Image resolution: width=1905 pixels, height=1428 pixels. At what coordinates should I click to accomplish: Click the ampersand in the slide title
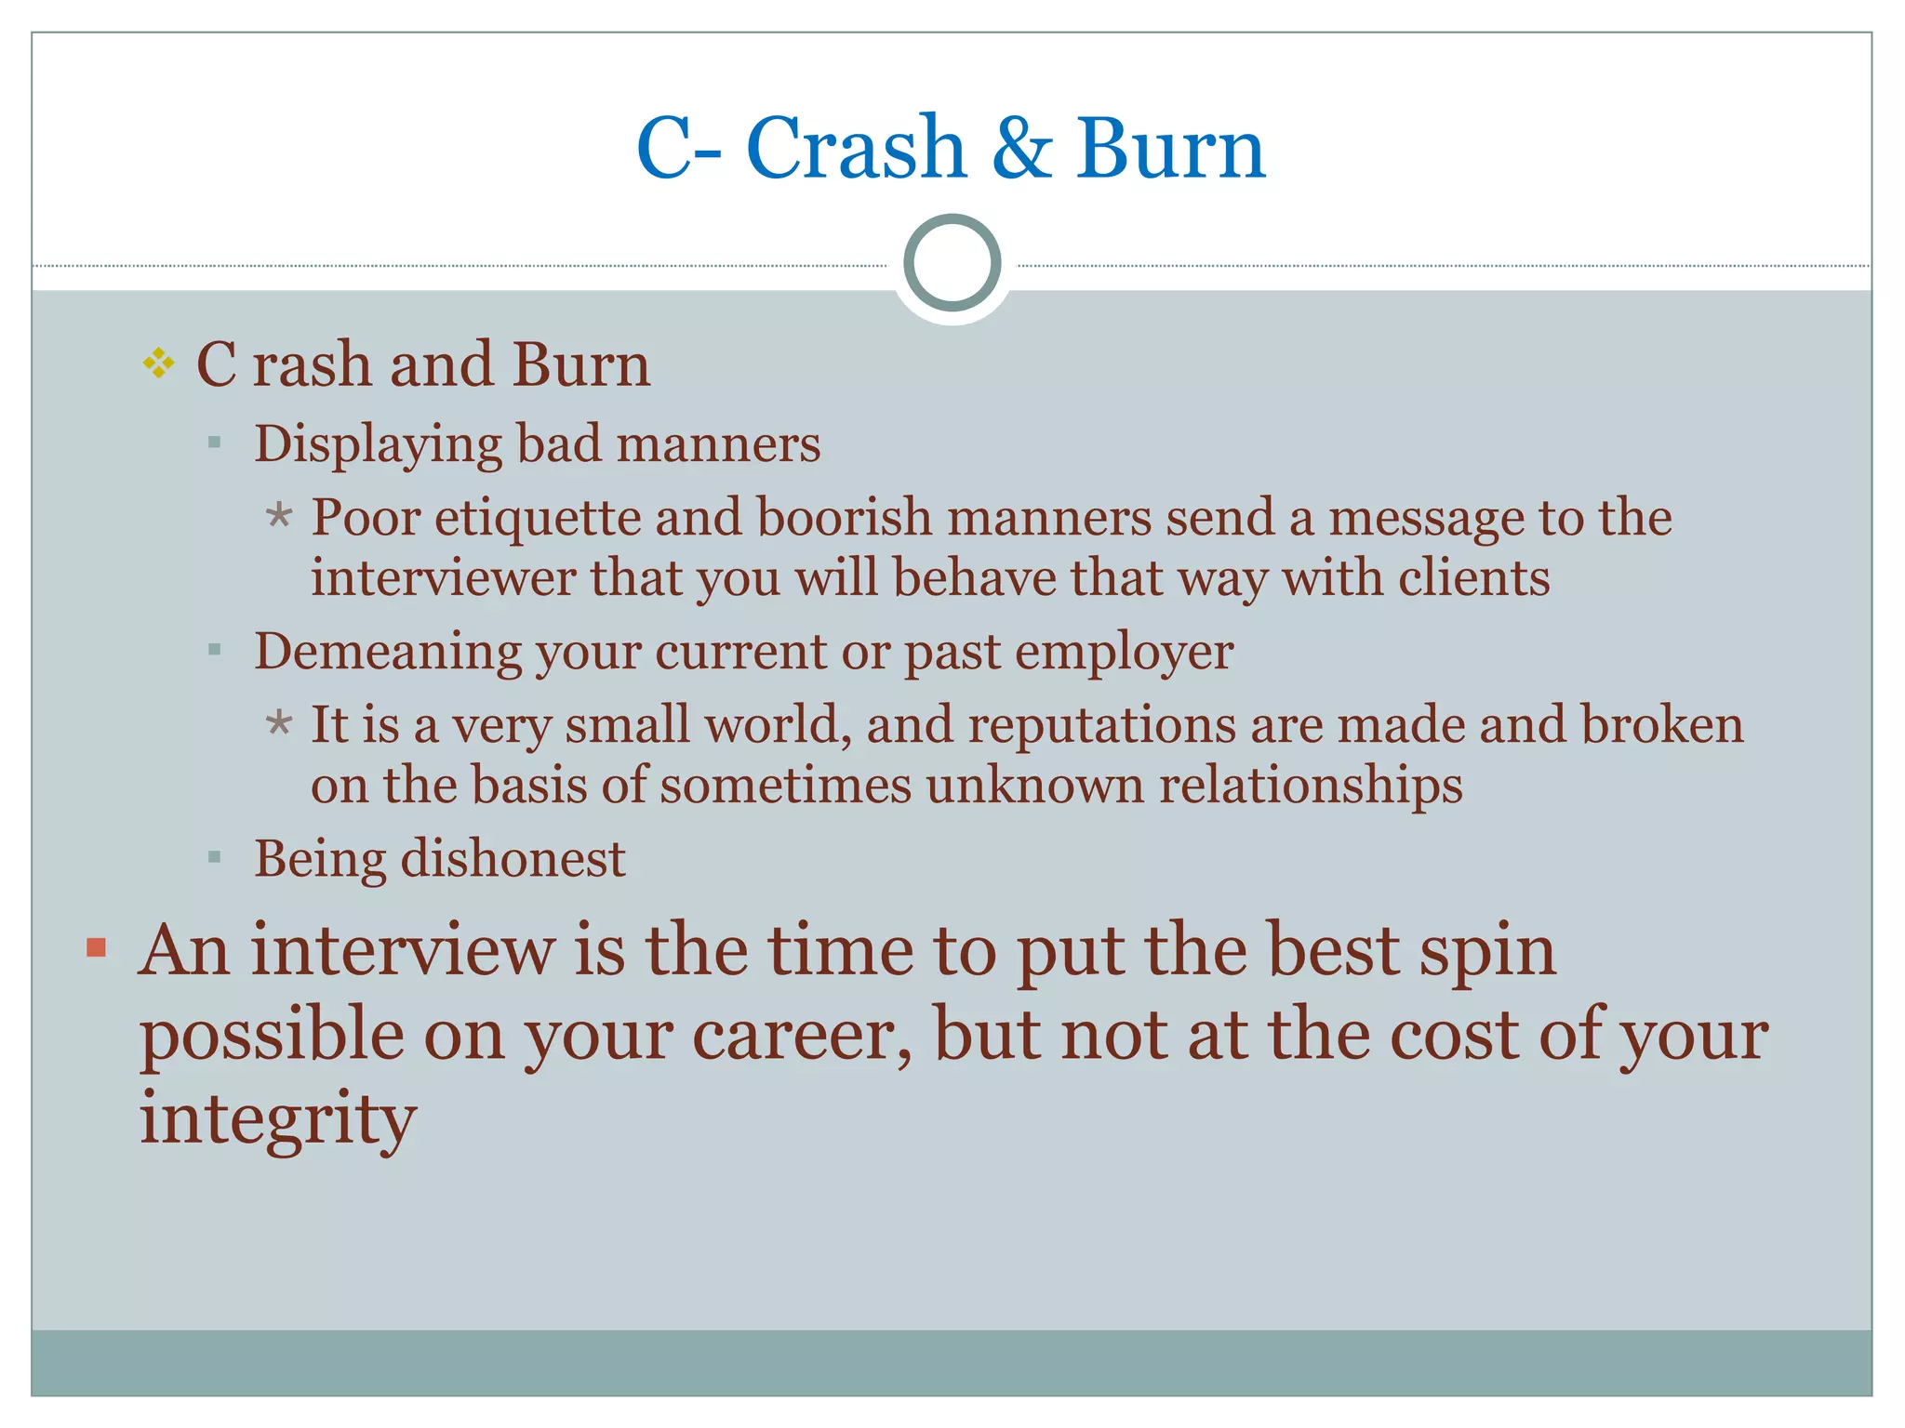1021,149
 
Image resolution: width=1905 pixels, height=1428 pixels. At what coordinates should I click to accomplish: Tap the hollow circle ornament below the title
952,263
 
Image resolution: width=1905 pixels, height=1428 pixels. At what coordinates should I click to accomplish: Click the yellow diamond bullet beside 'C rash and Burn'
159,363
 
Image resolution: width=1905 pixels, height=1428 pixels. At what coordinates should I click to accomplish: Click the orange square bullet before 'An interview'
96,948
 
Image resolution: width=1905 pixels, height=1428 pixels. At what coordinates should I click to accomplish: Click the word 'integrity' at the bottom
278,1118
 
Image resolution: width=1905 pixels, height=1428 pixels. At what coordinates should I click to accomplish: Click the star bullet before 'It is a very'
278,722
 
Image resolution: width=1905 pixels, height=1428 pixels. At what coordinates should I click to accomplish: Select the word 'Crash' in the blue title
856,149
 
